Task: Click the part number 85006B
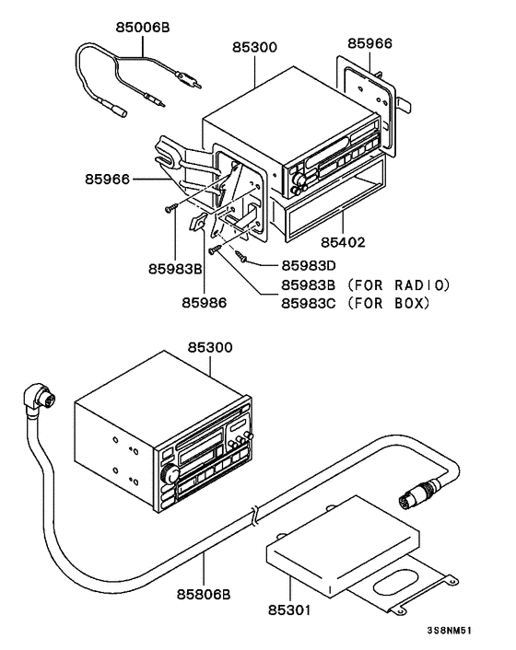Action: pos(142,29)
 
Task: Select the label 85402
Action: pos(344,244)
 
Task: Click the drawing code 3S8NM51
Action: pos(455,633)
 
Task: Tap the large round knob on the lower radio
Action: pos(168,476)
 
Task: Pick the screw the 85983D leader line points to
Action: pos(240,255)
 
